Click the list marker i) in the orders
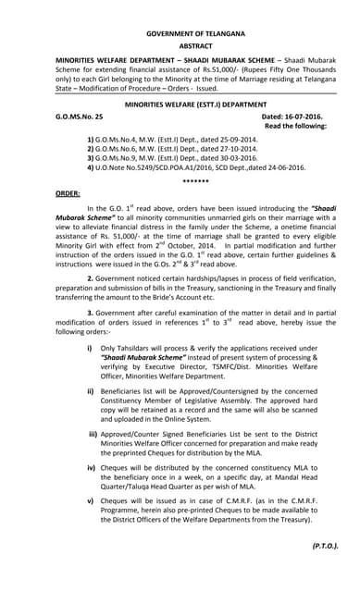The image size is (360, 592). point(89,372)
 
